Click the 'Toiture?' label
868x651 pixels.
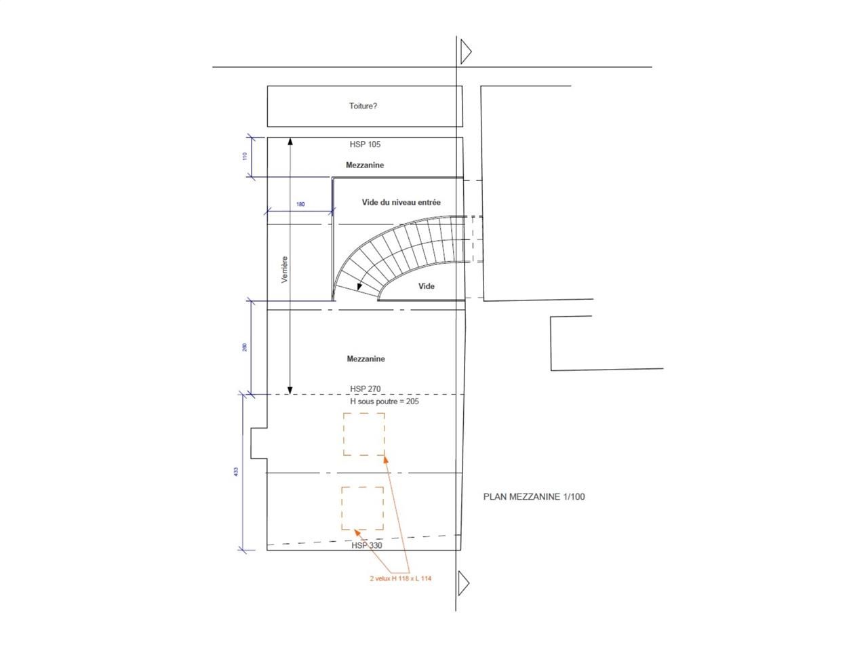[x=363, y=106]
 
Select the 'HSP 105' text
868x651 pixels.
[x=365, y=144]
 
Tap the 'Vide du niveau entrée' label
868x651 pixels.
[x=401, y=202]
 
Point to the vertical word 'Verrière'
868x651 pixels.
[x=284, y=269]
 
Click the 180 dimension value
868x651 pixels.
[x=300, y=204]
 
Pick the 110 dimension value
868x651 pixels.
[x=245, y=156]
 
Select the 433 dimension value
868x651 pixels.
[x=236, y=471]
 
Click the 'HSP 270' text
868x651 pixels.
[x=365, y=389]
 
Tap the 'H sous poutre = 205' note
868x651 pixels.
[x=384, y=401]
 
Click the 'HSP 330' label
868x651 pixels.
[x=367, y=545]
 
